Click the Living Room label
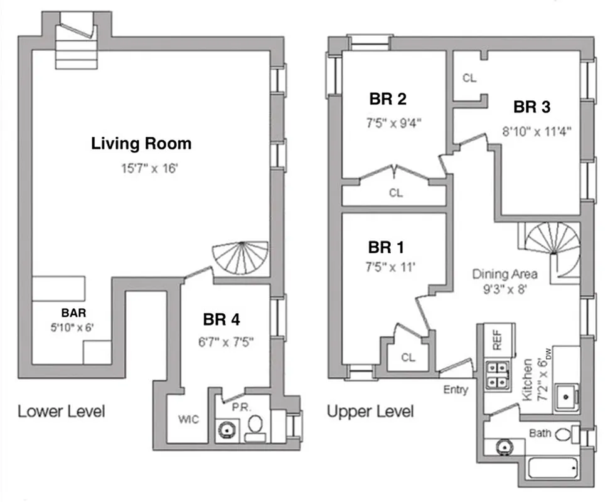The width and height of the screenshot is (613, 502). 141,144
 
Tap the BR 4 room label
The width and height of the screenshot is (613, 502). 221,319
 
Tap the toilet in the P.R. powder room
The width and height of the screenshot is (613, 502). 255,427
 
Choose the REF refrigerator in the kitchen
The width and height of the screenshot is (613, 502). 496,339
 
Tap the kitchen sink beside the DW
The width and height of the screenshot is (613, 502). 567,396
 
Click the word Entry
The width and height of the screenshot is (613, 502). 455,390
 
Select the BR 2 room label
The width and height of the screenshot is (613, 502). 388,99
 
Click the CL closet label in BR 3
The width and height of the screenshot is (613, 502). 469,78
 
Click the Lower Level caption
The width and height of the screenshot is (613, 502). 61,412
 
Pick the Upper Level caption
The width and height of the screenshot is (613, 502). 370,412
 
